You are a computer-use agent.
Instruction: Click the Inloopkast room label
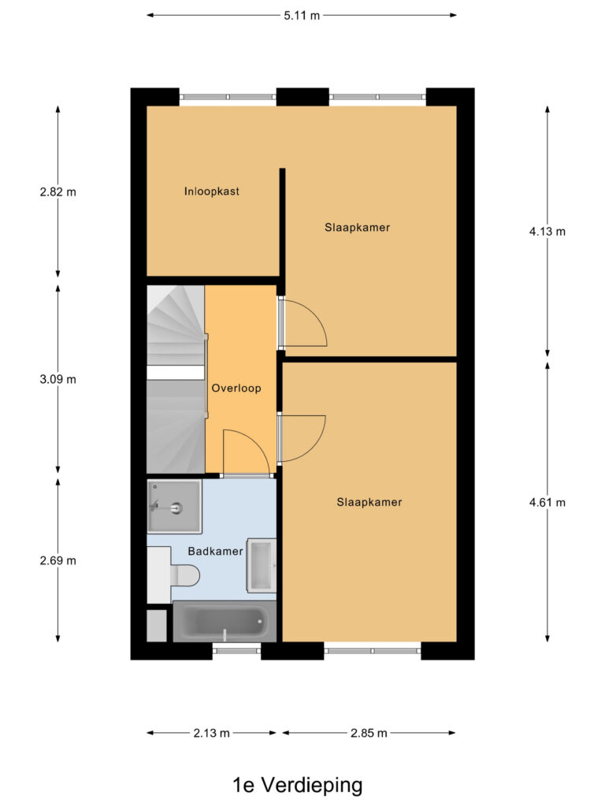click(x=211, y=192)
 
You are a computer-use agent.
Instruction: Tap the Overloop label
click(x=236, y=388)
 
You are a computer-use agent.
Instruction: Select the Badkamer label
click(x=215, y=551)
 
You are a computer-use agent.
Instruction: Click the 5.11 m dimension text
click(x=302, y=16)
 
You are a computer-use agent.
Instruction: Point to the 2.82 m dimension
click(x=58, y=192)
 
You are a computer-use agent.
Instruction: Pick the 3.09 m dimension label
click(x=58, y=379)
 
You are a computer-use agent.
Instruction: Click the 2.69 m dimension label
click(x=58, y=560)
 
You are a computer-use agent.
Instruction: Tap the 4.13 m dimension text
click(x=547, y=232)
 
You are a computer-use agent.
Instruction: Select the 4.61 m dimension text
click(x=547, y=502)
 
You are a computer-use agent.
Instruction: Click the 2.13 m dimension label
click(x=211, y=733)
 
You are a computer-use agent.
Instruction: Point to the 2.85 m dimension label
click(x=369, y=733)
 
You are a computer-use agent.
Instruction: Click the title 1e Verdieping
click(x=297, y=786)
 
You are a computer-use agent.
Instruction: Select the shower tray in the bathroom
click(x=174, y=506)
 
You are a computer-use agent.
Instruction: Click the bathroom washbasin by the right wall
click(x=262, y=566)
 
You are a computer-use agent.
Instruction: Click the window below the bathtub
click(x=236, y=651)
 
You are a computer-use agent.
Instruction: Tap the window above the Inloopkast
click(x=228, y=97)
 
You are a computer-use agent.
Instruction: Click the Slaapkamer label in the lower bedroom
click(x=369, y=502)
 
